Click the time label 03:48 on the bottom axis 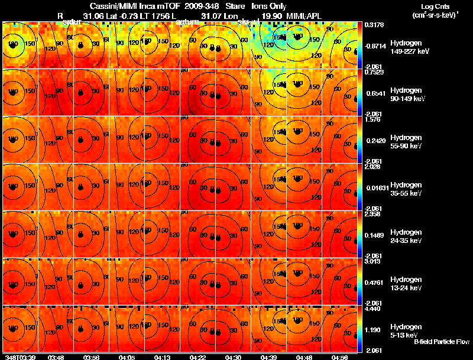pos(56,357)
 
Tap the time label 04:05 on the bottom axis pos(127,357)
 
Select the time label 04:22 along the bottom pos(199,357)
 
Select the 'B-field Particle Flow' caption pos(440,342)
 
